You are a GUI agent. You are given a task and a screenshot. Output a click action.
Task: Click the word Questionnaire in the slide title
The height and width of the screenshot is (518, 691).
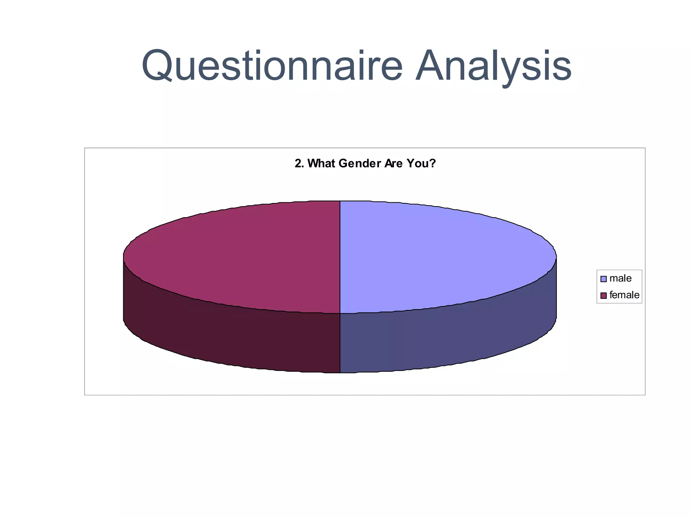[x=272, y=65]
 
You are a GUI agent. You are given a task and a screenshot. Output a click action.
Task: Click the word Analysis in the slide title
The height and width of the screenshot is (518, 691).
[x=493, y=65]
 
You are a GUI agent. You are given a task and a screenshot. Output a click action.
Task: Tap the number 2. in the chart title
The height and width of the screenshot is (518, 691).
[x=299, y=164]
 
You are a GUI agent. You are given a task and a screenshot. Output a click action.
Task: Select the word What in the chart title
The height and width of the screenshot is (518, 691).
[x=321, y=164]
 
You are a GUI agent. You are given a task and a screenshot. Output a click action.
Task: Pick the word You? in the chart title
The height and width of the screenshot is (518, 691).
[x=421, y=164]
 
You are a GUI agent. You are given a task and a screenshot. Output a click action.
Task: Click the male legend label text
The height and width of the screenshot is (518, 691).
[x=620, y=279]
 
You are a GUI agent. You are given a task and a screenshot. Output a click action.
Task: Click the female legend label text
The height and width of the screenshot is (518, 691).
[x=624, y=295]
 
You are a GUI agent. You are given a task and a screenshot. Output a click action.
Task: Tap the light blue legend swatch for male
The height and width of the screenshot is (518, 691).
[x=604, y=279]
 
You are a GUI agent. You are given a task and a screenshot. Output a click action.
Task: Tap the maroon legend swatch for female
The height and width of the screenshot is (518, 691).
[x=604, y=295]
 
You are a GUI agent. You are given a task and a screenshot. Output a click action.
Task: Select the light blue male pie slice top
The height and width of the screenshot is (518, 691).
[x=439, y=256]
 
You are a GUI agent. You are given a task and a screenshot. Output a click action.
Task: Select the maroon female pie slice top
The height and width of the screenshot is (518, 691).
[x=236, y=256]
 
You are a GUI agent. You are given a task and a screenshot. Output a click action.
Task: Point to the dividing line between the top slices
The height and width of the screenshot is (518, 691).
[x=340, y=256]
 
